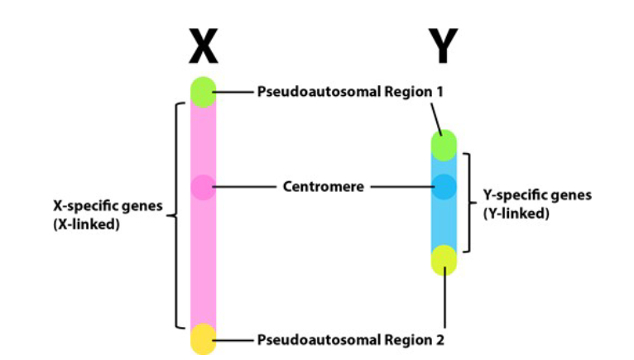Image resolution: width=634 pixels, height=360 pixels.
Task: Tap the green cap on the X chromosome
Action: click(203, 91)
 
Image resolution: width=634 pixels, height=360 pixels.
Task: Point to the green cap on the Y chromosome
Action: click(444, 146)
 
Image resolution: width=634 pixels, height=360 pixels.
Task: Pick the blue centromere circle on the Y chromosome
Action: click(444, 187)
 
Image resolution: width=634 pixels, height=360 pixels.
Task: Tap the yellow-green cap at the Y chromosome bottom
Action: click(444, 259)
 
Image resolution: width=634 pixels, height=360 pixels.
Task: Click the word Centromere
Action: click(324, 187)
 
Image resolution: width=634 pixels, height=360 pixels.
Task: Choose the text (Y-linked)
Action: click(516, 213)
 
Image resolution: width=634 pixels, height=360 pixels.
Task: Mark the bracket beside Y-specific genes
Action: click(469, 202)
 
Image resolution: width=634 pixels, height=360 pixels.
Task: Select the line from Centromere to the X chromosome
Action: click(244, 188)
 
